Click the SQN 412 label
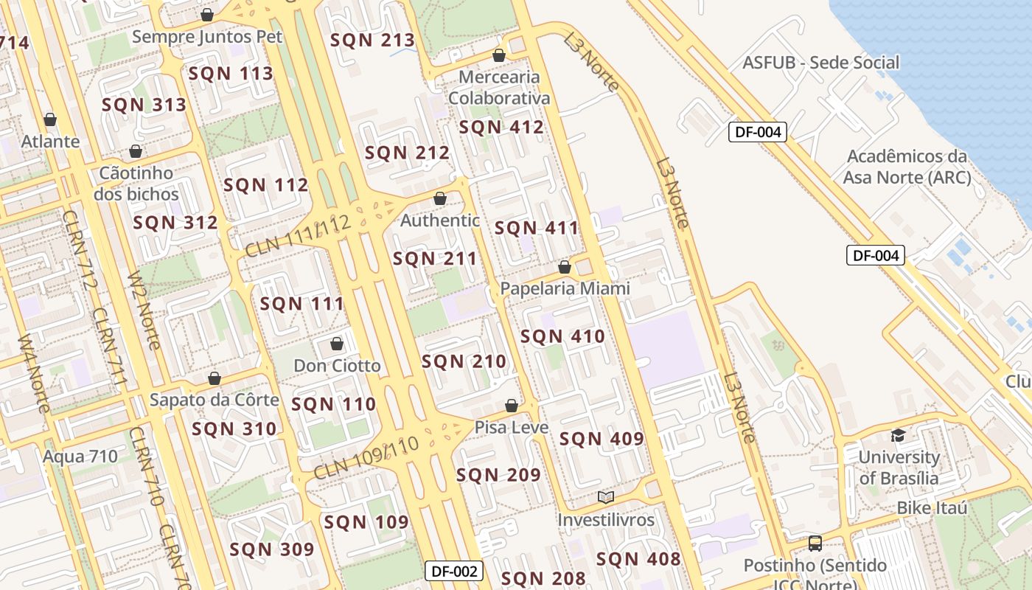click(501, 127)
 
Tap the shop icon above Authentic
click(440, 198)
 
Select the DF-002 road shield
click(454, 570)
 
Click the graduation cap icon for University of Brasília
click(898, 435)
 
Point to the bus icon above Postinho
click(815, 544)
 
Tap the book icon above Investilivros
click(606, 498)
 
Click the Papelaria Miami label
click(565, 288)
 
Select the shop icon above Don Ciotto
click(337, 344)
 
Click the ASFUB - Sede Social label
click(821, 63)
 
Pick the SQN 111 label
click(302, 303)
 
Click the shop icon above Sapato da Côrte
click(215, 378)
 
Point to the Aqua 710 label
click(80, 456)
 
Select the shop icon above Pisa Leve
click(512, 406)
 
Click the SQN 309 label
click(272, 549)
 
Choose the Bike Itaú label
click(932, 508)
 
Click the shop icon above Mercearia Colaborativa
click(499, 55)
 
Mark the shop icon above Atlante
click(50, 119)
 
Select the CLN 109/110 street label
click(366, 458)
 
